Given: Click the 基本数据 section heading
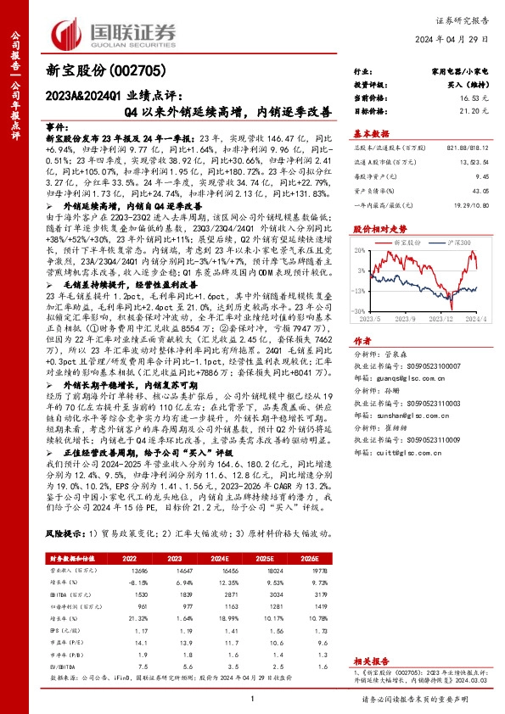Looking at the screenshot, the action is click(x=371, y=133).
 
